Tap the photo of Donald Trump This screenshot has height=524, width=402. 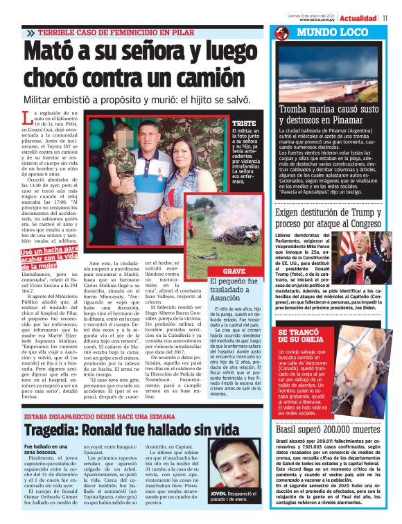pos(361,251)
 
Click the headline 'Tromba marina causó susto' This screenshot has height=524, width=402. pos(329,110)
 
